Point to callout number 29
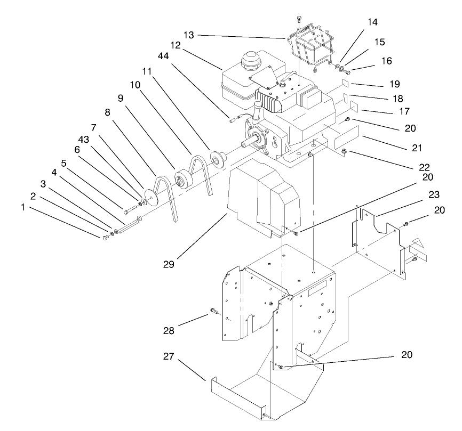click(x=170, y=263)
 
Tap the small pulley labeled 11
click(x=217, y=158)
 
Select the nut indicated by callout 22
click(x=344, y=154)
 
